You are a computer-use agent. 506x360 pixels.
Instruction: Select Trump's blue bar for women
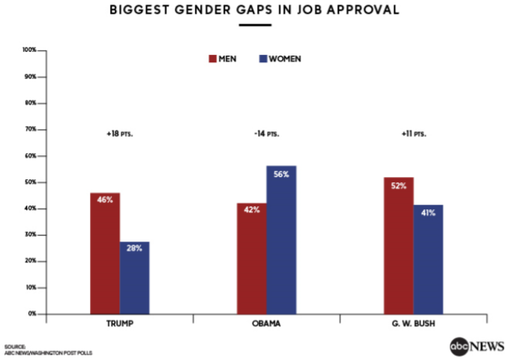[135, 277]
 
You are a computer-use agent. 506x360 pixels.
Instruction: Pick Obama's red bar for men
[252, 262]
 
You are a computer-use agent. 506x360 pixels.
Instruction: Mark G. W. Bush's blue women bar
[428, 259]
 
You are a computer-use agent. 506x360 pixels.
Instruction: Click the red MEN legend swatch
[212, 58]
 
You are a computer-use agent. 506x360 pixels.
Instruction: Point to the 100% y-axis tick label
[30, 50]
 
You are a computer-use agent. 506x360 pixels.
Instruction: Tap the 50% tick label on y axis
[31, 182]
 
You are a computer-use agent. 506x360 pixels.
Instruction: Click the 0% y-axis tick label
[33, 313]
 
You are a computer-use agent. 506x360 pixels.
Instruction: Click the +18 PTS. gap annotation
[119, 134]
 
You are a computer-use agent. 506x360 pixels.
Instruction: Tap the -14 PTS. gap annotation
[266, 134]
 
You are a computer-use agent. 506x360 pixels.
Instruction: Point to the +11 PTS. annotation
[413, 134]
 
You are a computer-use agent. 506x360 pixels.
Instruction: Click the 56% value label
[282, 173]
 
